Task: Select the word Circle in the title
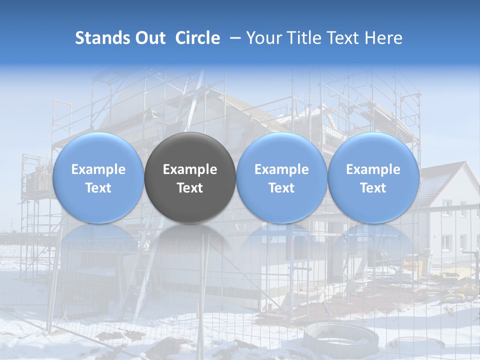pos(197,38)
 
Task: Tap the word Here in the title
pos(383,38)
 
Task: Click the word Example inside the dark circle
pos(190,169)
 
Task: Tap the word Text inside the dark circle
pos(190,188)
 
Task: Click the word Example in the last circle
pos(373,169)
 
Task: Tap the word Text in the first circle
pos(98,188)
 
